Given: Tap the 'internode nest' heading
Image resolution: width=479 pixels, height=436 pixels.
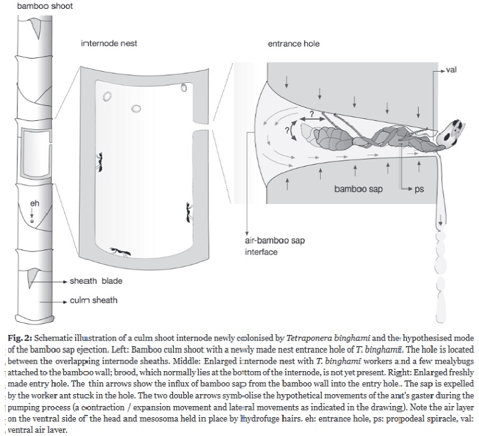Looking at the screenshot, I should click(x=109, y=44).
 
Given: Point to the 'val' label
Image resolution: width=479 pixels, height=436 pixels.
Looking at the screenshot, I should click(x=452, y=70).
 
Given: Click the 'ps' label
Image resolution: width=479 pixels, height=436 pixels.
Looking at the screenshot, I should click(x=419, y=189).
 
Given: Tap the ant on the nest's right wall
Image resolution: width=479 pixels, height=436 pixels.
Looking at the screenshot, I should click(x=187, y=213).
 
